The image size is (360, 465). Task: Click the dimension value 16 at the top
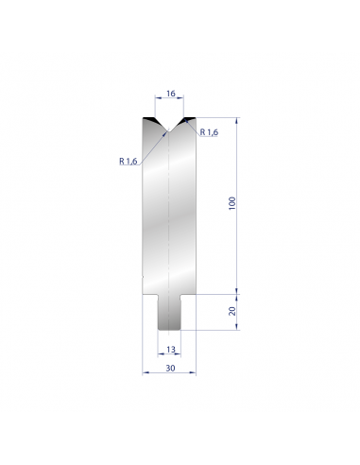tap(170, 94)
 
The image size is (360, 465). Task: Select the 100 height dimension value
tap(232, 203)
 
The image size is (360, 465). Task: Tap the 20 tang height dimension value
tap(232, 311)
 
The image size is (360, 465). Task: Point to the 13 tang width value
tap(171, 350)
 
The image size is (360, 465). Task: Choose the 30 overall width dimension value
tap(170, 368)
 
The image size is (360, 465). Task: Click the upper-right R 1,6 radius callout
tap(209, 132)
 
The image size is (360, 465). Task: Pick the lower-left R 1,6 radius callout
tap(129, 162)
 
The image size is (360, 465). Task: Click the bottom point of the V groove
tap(169, 131)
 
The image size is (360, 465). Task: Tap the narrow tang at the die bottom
tap(169, 313)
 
